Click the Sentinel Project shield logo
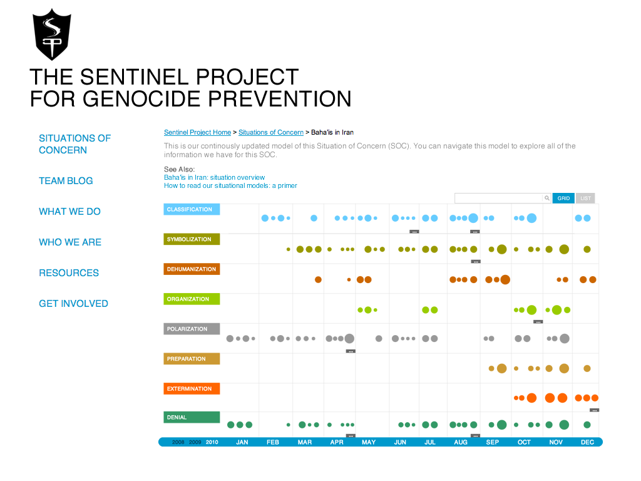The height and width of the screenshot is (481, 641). point(51,35)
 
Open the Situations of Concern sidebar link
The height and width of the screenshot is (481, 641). point(74,144)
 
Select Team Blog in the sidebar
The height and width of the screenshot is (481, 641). point(66,181)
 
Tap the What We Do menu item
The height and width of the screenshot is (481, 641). point(69,212)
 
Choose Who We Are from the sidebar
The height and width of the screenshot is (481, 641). point(70,242)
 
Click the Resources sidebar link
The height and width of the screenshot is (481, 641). point(69,273)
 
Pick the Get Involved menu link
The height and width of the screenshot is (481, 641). point(73,304)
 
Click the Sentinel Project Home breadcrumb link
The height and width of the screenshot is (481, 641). point(197,133)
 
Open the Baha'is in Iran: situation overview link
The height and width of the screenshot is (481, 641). point(214,178)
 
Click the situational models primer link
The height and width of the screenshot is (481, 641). point(230,186)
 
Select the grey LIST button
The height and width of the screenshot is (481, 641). point(585,199)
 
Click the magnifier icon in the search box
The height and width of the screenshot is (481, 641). point(546,199)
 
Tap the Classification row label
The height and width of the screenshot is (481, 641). point(192,210)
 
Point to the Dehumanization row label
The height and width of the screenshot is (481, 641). point(192,269)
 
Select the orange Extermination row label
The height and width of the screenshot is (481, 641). point(192,389)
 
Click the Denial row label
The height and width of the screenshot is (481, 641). point(192,417)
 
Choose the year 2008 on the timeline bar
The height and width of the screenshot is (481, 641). point(178,442)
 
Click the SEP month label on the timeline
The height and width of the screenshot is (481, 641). point(493,442)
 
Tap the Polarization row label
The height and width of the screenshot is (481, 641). point(192,329)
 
